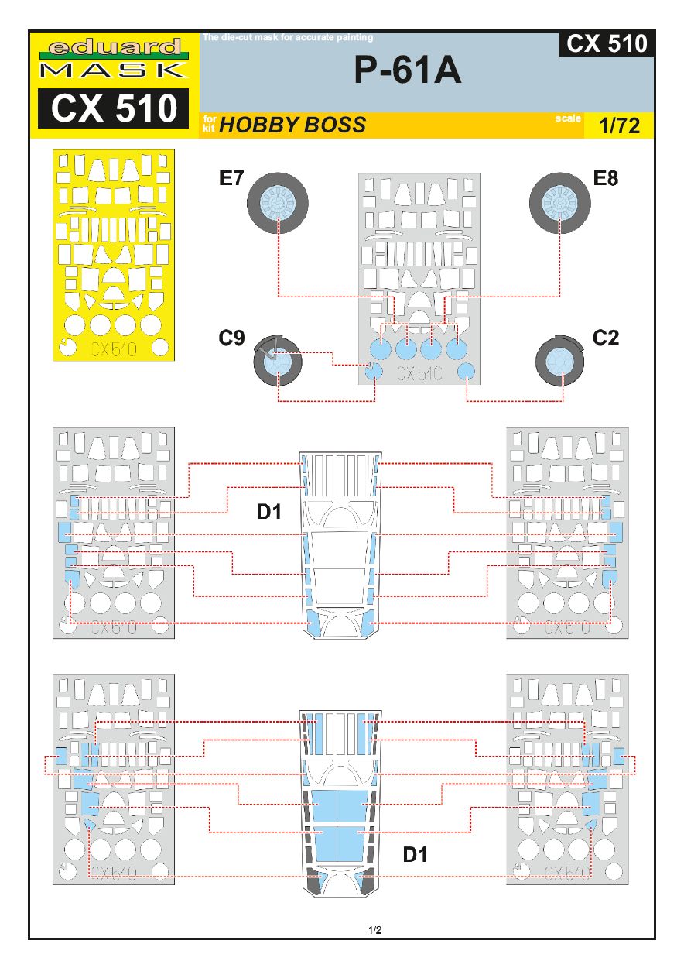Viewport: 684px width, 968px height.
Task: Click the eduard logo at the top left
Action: (115, 47)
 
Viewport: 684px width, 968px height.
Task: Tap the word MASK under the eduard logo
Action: (115, 70)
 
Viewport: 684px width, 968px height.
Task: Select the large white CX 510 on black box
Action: (115, 108)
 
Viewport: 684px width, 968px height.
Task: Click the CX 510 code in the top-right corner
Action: (607, 44)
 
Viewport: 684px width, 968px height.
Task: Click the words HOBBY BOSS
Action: (292, 125)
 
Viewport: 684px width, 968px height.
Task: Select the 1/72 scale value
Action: (620, 126)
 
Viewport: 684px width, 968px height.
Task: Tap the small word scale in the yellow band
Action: (567, 118)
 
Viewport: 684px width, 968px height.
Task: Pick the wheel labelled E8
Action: (560, 202)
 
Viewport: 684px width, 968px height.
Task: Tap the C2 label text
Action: (607, 338)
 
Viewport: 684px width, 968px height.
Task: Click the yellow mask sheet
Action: (115, 254)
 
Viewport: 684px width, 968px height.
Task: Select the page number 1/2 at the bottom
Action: (375, 930)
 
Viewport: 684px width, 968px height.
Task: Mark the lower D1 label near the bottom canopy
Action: (416, 854)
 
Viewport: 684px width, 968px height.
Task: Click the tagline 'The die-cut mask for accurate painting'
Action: (288, 36)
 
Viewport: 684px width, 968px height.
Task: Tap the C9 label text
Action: (231, 338)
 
